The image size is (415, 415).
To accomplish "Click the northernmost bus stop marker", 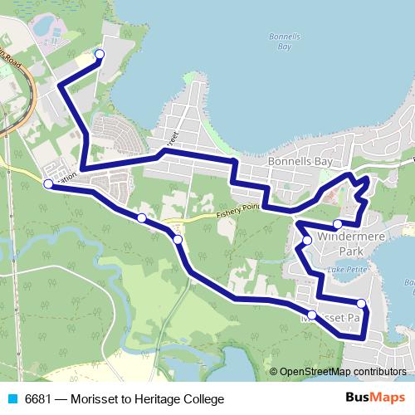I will click(100, 55).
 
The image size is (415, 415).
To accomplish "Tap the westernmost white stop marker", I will click(48, 184).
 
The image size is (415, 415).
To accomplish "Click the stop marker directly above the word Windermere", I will click(338, 224).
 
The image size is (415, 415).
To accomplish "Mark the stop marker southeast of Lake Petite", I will click(362, 303).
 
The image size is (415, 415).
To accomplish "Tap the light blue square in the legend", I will click(12, 399).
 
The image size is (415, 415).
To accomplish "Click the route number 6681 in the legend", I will click(40, 399).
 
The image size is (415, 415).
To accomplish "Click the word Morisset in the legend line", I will click(94, 399).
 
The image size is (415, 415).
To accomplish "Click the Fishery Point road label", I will click(240, 208).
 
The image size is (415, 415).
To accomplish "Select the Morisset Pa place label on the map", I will click(332, 318).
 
